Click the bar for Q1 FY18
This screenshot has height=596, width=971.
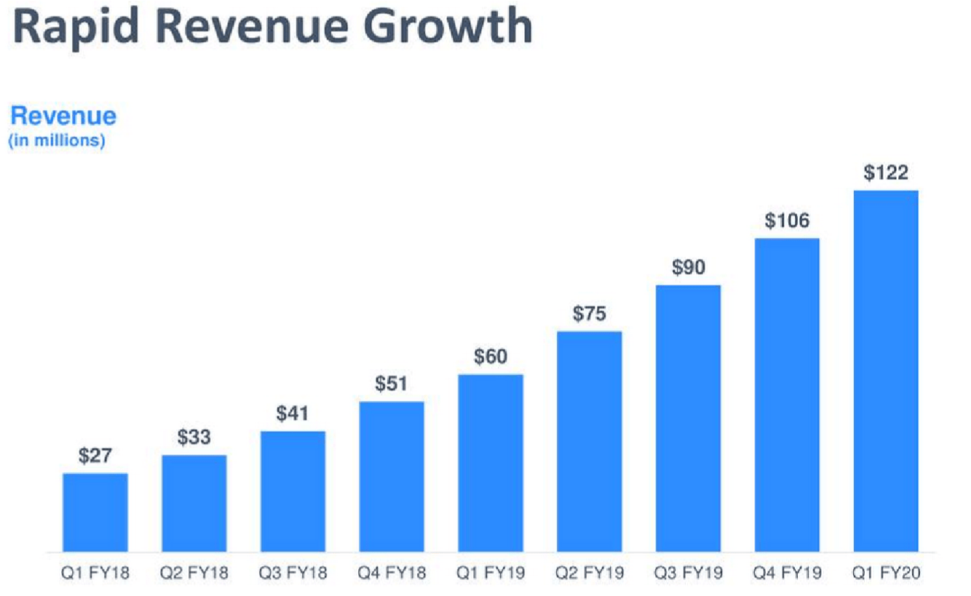95,512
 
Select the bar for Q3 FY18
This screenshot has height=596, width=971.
293,491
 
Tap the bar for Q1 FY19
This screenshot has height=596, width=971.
491,464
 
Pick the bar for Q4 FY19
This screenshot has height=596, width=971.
787,395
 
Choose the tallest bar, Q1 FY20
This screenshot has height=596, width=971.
886,371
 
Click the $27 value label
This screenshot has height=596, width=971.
95,456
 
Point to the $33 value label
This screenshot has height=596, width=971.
194,437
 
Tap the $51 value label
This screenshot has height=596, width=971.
392,384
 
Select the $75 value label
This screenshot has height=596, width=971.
590,314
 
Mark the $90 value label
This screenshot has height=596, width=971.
689,267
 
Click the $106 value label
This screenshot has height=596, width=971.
787,220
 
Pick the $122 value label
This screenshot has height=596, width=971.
886,172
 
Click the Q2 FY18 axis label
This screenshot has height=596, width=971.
194,573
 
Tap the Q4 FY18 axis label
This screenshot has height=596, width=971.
392,573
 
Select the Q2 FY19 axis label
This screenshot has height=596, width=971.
590,573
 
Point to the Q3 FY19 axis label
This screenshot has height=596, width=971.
689,573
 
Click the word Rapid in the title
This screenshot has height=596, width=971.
76,28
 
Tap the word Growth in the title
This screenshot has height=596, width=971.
448,26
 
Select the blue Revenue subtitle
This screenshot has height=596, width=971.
63,116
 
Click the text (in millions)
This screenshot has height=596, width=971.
57,140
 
